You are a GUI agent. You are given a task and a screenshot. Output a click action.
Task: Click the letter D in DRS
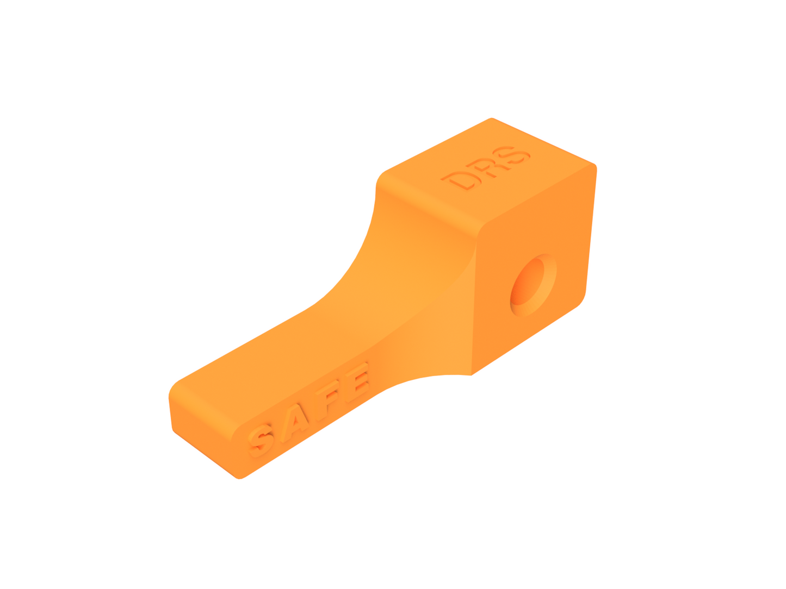tap(460, 180)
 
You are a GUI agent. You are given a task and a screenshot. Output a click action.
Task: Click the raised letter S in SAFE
tap(261, 439)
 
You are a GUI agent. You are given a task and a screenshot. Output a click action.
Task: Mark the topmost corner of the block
tap(492, 118)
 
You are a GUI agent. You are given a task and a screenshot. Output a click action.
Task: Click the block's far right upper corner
tap(595, 165)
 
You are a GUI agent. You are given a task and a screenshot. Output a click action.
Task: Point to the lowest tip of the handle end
tap(239, 478)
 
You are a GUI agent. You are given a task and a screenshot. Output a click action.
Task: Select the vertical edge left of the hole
tap(474, 304)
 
